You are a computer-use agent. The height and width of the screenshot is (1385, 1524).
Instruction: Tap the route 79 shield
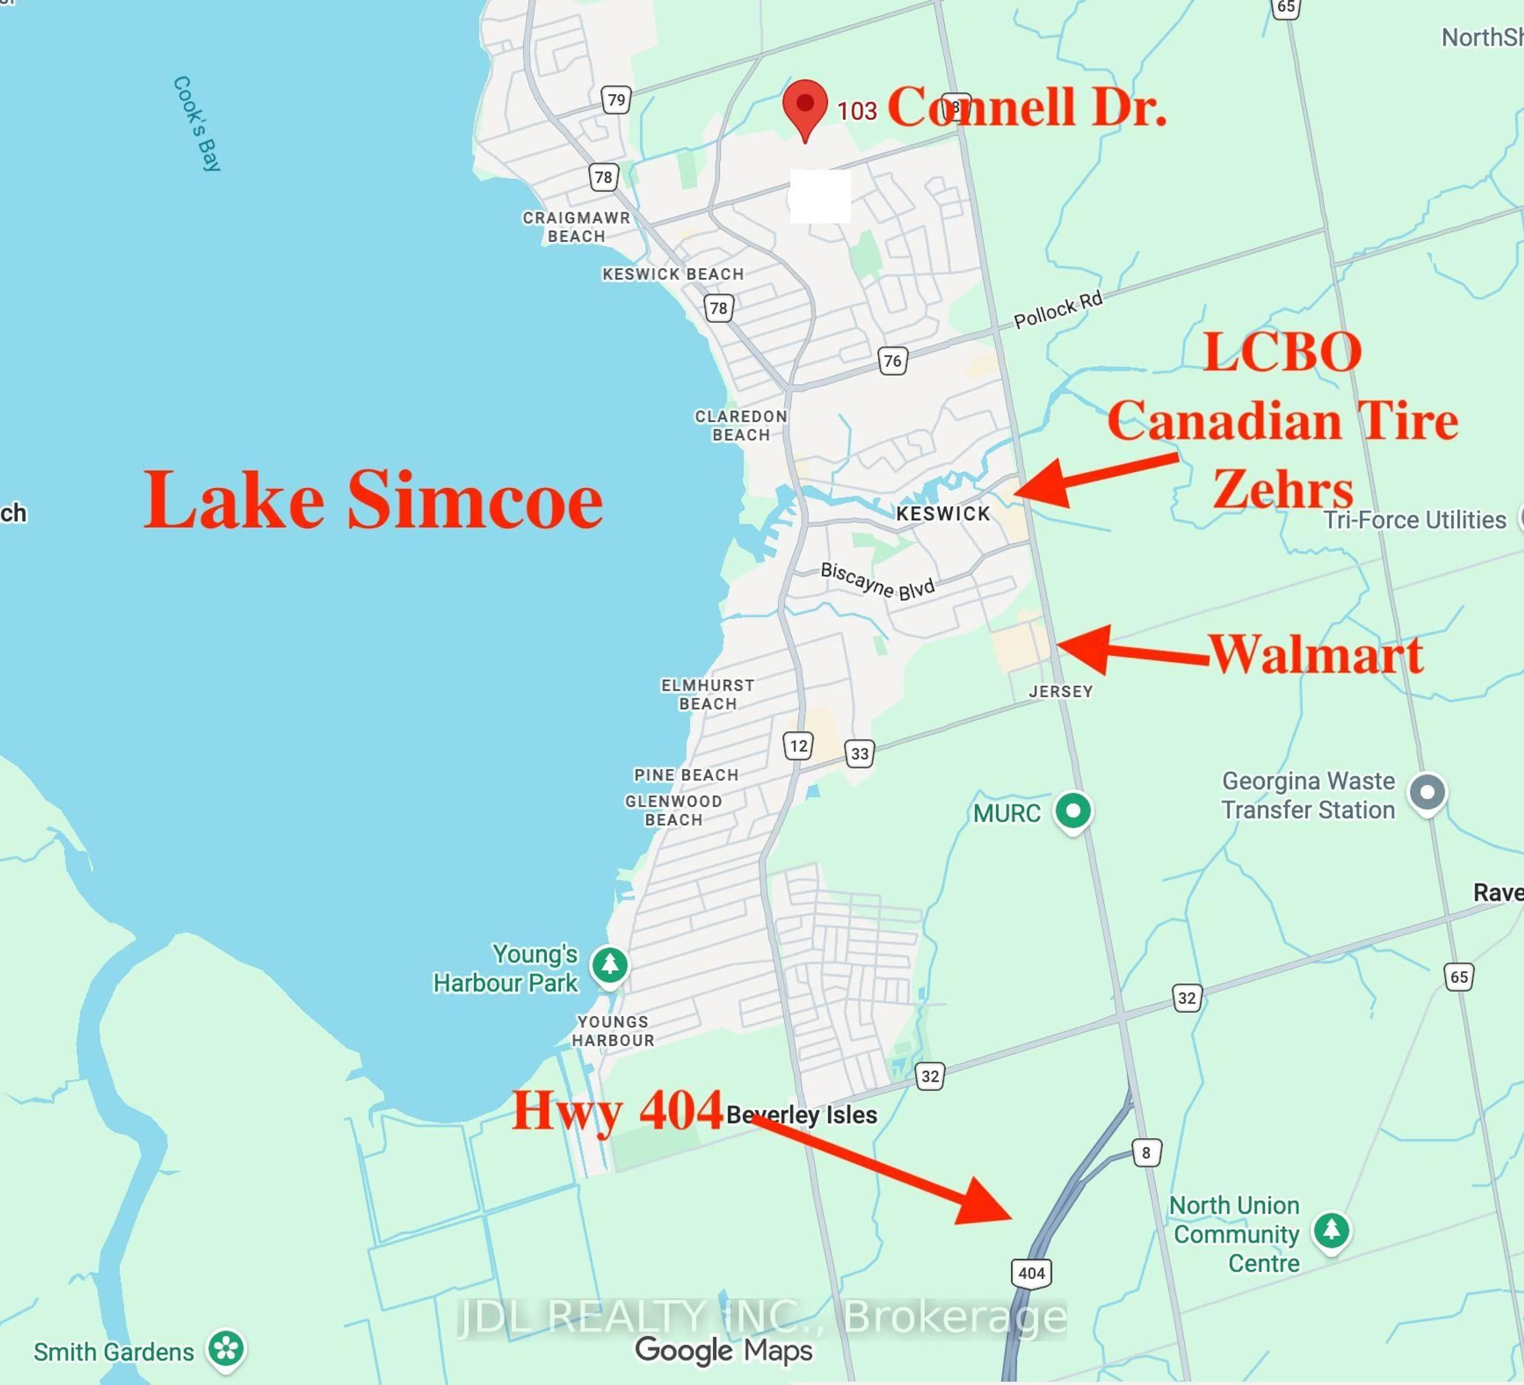coord(616,100)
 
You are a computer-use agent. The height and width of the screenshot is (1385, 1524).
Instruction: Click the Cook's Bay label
coord(196,124)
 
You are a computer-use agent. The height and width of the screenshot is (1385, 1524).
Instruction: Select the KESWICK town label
coord(943,514)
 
